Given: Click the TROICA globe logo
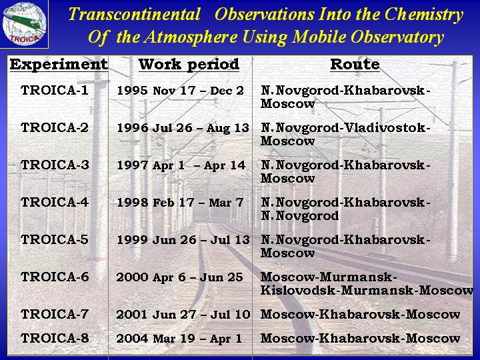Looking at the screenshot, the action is [24, 23].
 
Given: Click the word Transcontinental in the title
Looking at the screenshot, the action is [135, 14].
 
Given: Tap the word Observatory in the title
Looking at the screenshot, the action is [397, 37].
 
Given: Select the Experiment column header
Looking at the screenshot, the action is [59, 64].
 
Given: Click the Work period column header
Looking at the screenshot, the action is [189, 64].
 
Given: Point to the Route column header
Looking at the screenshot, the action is [355, 64].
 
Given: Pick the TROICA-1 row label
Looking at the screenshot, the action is [55, 90].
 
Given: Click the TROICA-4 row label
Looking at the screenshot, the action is [55, 203].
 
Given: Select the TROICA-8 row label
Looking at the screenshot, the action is [55, 338].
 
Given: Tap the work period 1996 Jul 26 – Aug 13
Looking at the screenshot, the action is [183, 128].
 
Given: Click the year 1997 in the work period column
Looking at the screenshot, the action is [133, 165].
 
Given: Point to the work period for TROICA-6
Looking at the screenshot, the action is [180, 277].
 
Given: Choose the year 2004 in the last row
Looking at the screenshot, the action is [132, 338].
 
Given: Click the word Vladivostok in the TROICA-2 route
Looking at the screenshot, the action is [385, 127].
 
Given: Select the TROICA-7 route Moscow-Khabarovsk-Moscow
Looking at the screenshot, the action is [360, 315].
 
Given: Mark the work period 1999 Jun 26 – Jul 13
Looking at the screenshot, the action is [183, 240].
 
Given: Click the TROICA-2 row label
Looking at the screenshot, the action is [55, 127].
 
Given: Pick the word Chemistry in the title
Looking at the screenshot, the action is [424, 15].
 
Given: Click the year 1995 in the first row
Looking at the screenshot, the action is [133, 91].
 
